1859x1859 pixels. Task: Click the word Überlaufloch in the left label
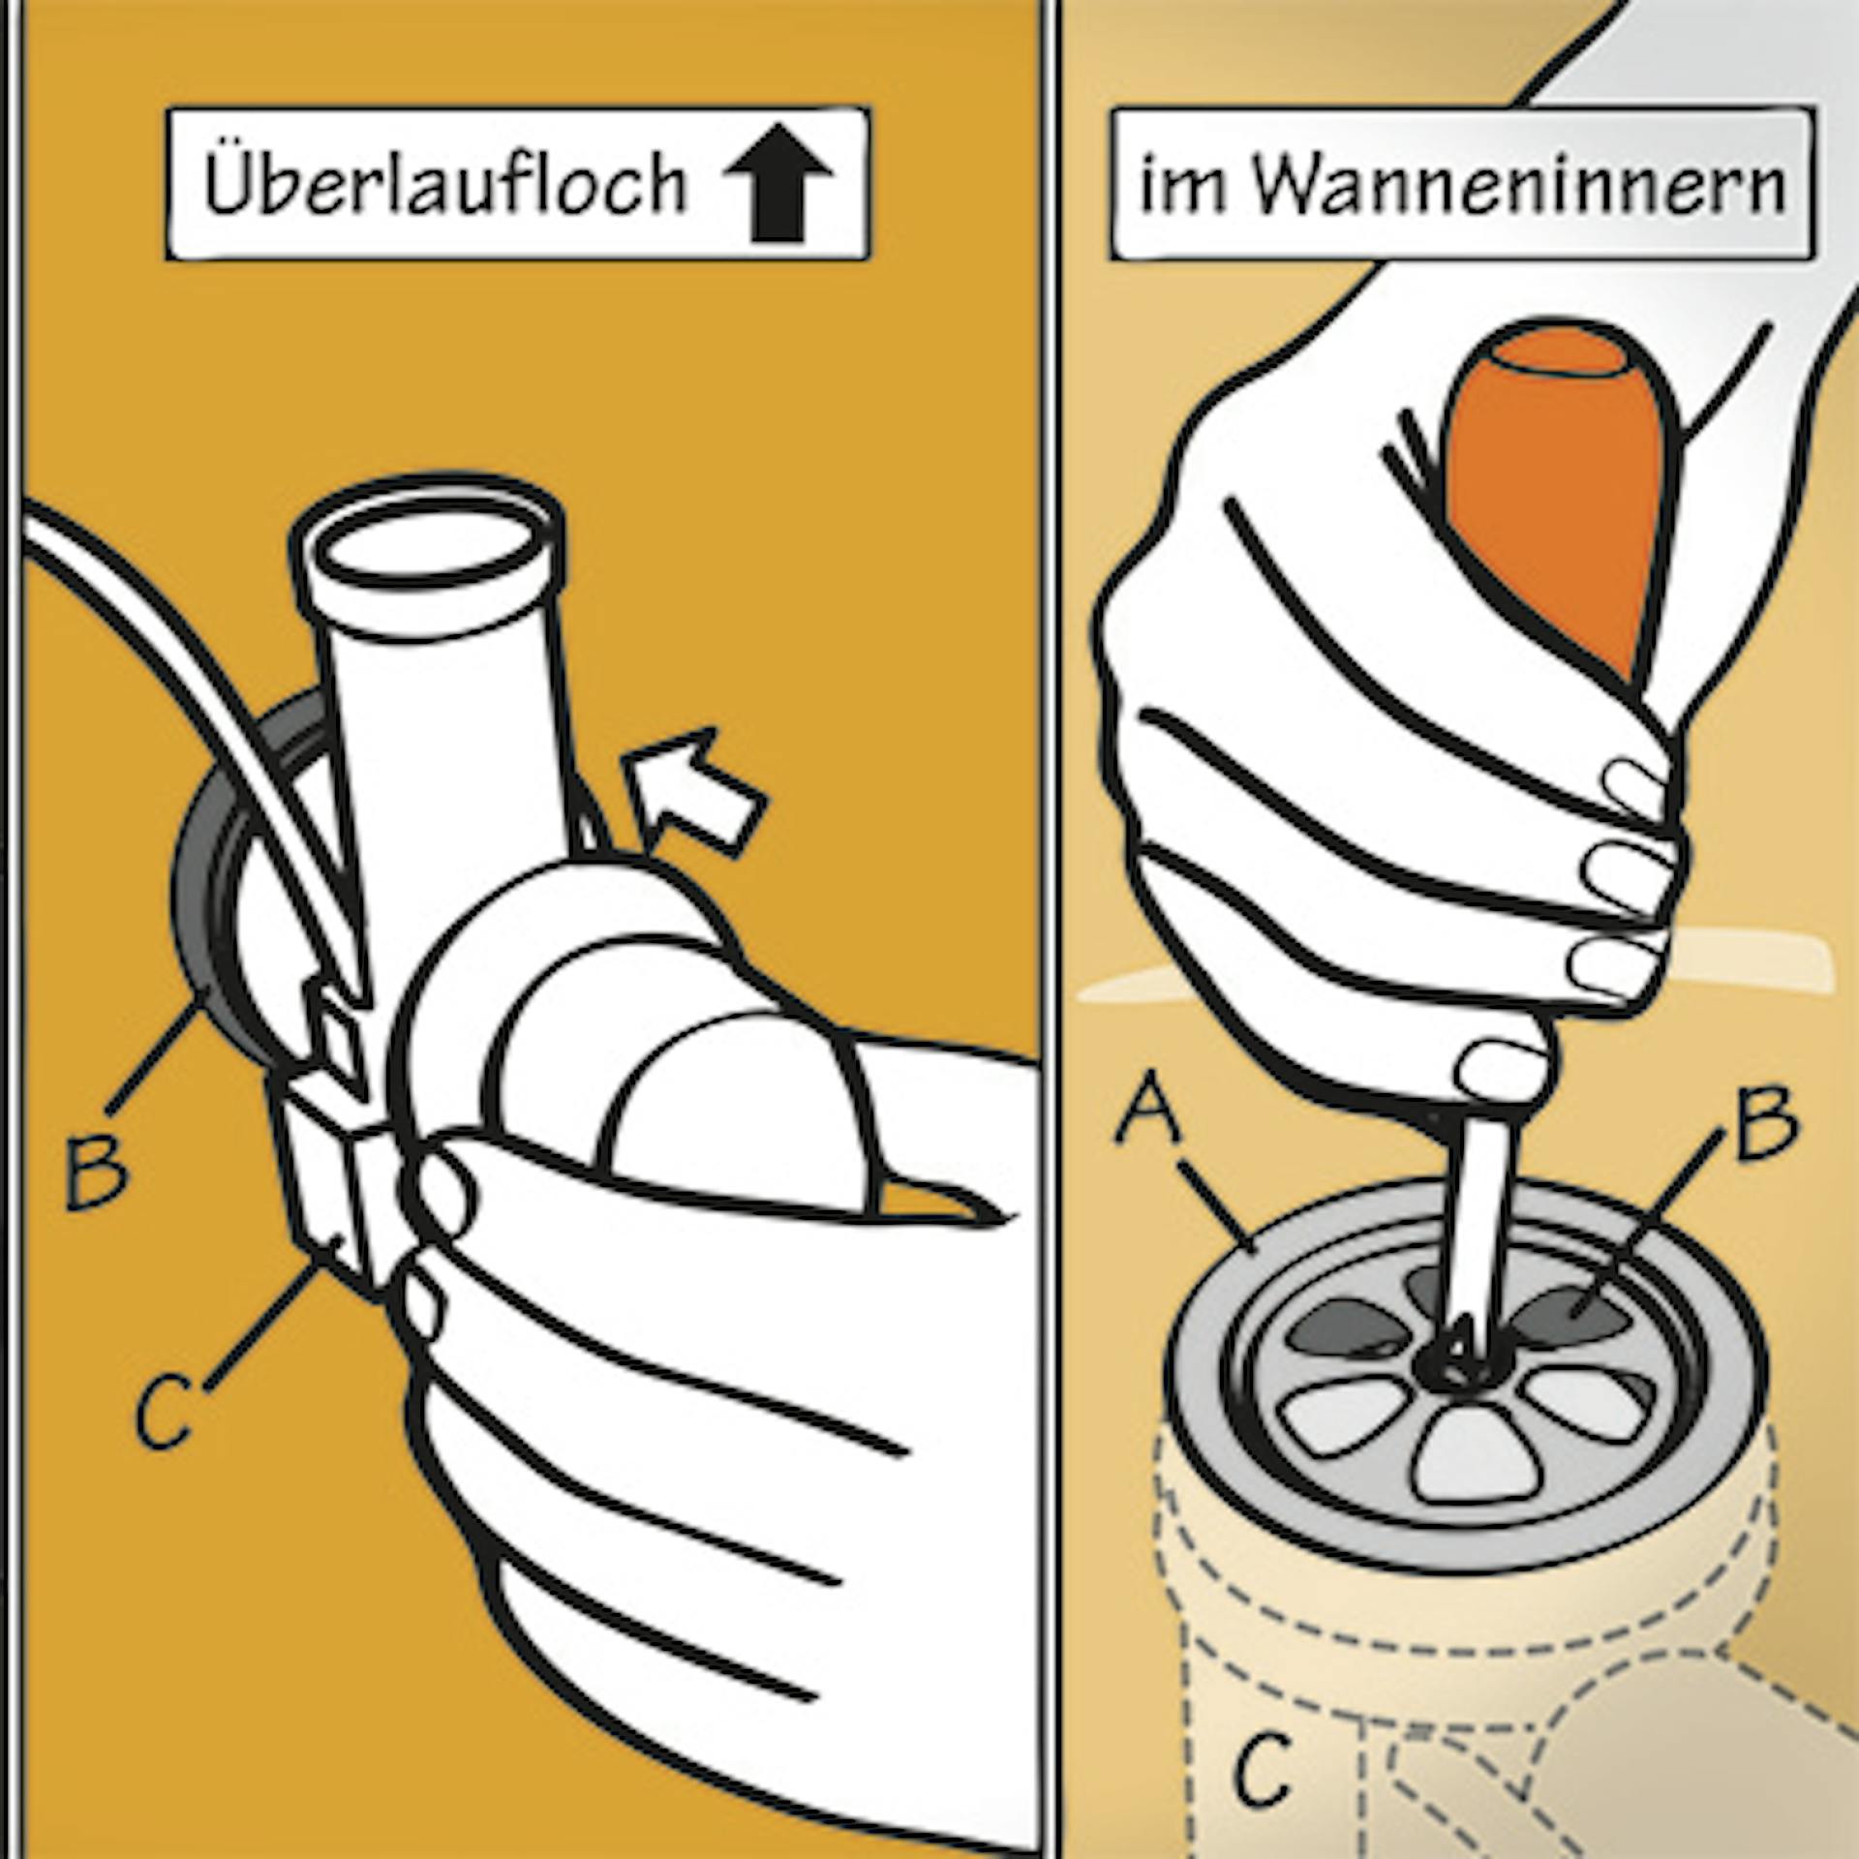pos(444,184)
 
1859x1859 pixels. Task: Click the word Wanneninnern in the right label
pos(1519,186)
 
